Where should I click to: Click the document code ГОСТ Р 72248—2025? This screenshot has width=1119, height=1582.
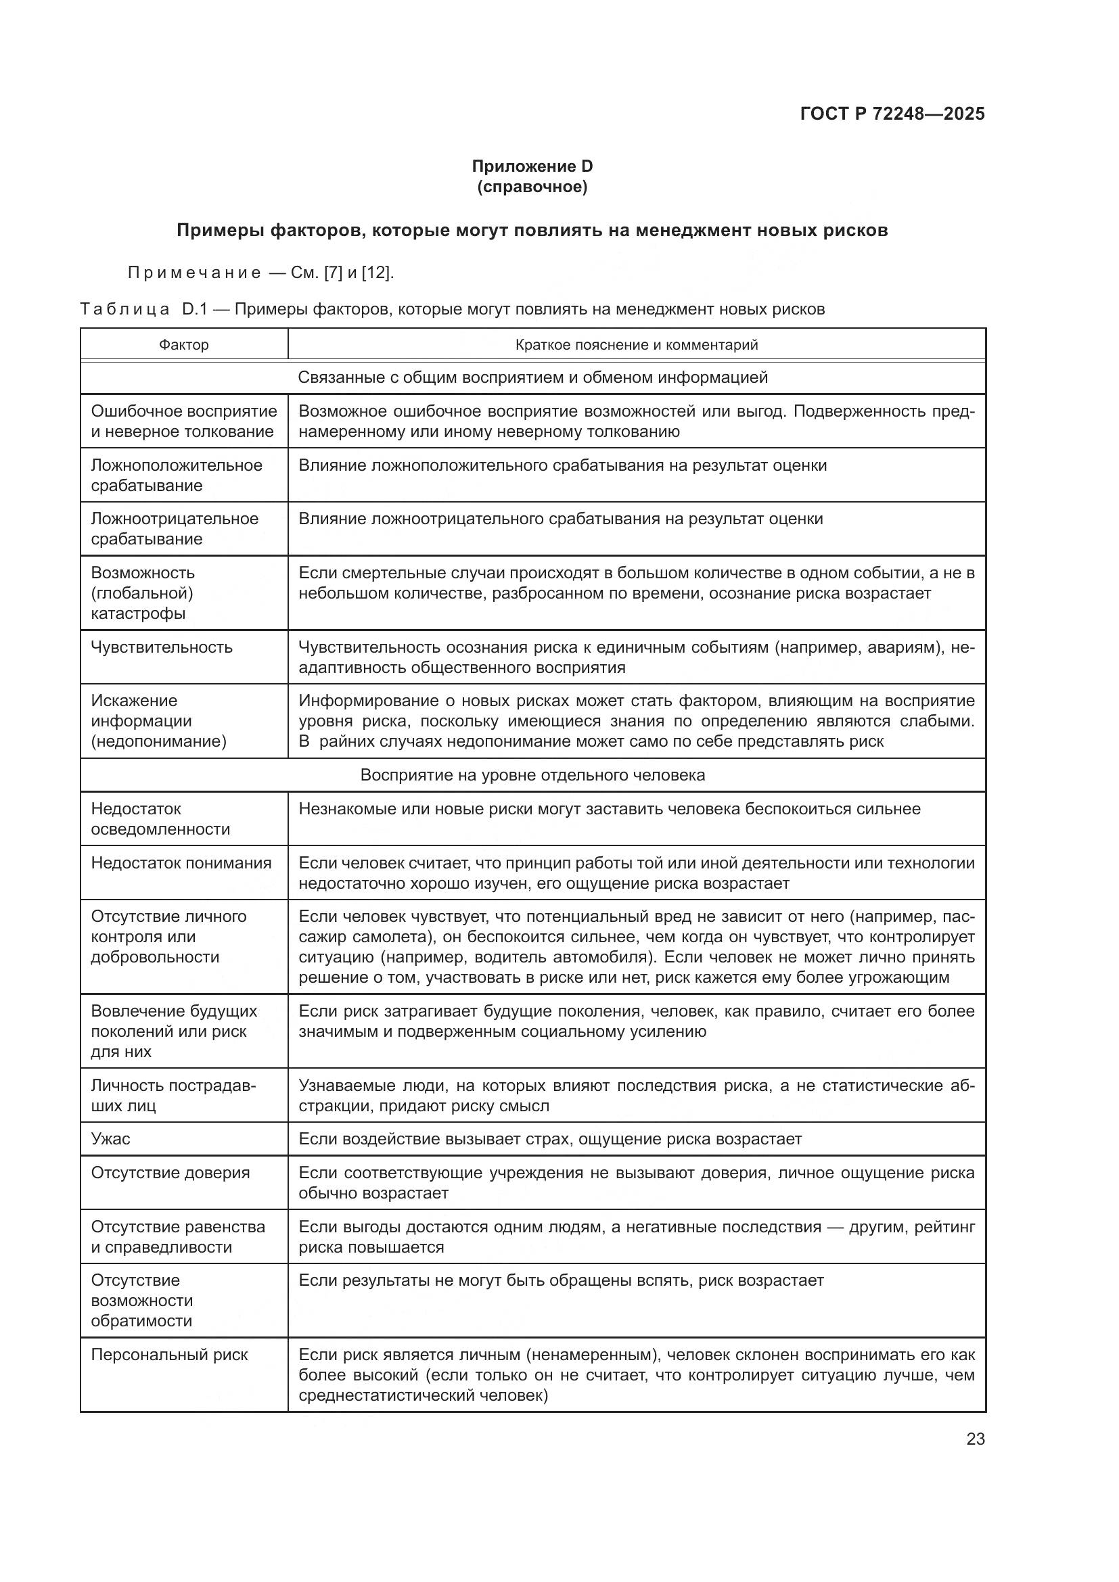[892, 114]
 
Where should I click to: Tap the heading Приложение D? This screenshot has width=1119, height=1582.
[532, 166]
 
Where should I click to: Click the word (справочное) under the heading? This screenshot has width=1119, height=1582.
[532, 187]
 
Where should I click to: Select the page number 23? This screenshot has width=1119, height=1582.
[975, 1439]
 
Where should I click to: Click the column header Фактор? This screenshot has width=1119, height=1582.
[183, 344]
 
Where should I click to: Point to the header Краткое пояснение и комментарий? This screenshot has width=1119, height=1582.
[636, 344]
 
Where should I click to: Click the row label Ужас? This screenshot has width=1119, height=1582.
[111, 1139]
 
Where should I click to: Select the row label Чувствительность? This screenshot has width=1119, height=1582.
[162, 647]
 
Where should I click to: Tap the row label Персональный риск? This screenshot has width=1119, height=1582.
[170, 1355]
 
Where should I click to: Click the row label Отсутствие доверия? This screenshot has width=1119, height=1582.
[170, 1173]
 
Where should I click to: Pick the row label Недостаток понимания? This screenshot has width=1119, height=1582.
[181, 862]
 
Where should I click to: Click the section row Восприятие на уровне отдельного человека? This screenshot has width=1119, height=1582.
[532, 775]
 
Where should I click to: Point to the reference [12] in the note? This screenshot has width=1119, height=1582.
[376, 273]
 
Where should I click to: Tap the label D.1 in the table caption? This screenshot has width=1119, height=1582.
[195, 309]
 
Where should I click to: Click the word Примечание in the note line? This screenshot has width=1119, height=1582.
[195, 273]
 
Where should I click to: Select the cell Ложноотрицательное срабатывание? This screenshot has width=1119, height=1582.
[175, 528]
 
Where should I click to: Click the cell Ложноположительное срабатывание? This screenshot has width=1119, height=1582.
[177, 475]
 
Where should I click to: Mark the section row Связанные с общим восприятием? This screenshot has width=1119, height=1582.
[532, 377]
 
